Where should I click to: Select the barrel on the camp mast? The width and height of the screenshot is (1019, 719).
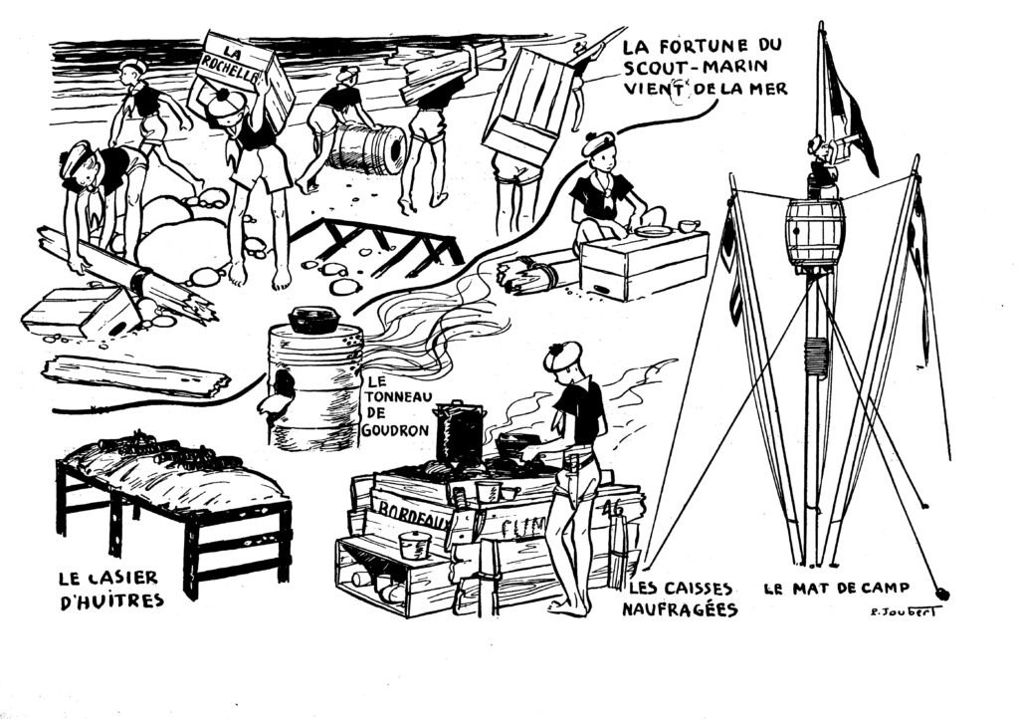coord(814,232)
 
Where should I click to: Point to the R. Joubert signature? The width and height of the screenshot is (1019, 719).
coord(898,610)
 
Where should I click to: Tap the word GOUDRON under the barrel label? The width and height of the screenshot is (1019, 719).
coord(397,431)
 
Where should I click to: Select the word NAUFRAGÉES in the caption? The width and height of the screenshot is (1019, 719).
coord(680,608)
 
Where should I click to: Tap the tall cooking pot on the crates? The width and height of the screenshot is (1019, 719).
coord(459,432)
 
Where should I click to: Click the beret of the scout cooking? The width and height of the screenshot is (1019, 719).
coord(563,355)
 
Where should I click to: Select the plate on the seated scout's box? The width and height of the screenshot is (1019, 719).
coord(653,231)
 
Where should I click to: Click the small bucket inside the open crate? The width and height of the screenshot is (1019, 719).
coord(413,545)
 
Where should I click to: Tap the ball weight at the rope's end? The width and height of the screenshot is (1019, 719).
coord(941,594)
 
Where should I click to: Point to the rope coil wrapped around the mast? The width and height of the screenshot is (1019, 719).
coord(816,357)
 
